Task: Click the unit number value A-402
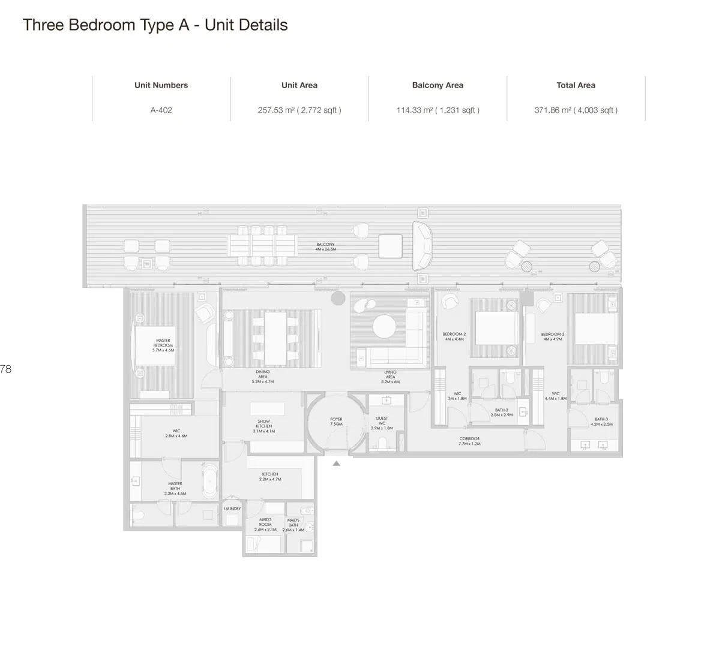pos(161,110)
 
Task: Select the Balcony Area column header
pos(438,85)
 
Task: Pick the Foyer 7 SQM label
pos(336,422)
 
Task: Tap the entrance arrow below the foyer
pos(337,463)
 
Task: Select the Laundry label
pos(232,508)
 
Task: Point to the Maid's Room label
pos(265,524)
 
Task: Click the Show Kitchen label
pos(263,426)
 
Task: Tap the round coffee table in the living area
pos(384,327)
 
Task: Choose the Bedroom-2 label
pos(454,336)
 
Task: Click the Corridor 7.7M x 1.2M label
pos(469,441)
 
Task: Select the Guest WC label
pos(382,423)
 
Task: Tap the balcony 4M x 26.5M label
pos(326,246)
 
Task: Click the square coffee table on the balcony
pos(391,246)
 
